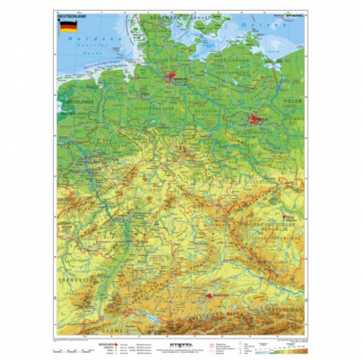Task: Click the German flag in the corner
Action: click(68, 27)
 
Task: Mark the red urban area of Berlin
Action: click(256, 118)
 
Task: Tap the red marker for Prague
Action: click(290, 218)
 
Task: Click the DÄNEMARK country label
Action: click(170, 18)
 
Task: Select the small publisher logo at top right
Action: click(293, 15)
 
